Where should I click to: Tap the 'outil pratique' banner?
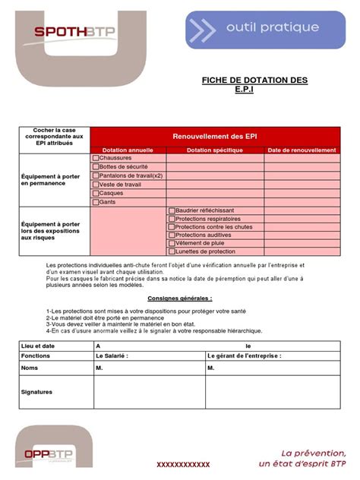266,29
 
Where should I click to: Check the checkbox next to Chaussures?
96,158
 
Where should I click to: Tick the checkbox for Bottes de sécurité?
96,166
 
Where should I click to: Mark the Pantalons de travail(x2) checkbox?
96,175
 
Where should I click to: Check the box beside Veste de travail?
96,184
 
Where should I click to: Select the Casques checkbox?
96,193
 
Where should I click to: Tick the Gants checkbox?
96,202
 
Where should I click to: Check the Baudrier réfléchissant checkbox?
172,210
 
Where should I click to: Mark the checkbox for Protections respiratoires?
172,219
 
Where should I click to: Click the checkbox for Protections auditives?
172,235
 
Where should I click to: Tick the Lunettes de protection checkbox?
172,251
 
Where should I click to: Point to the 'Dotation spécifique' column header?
215,150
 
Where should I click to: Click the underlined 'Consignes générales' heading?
180,299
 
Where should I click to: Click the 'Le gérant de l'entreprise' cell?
245,355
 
